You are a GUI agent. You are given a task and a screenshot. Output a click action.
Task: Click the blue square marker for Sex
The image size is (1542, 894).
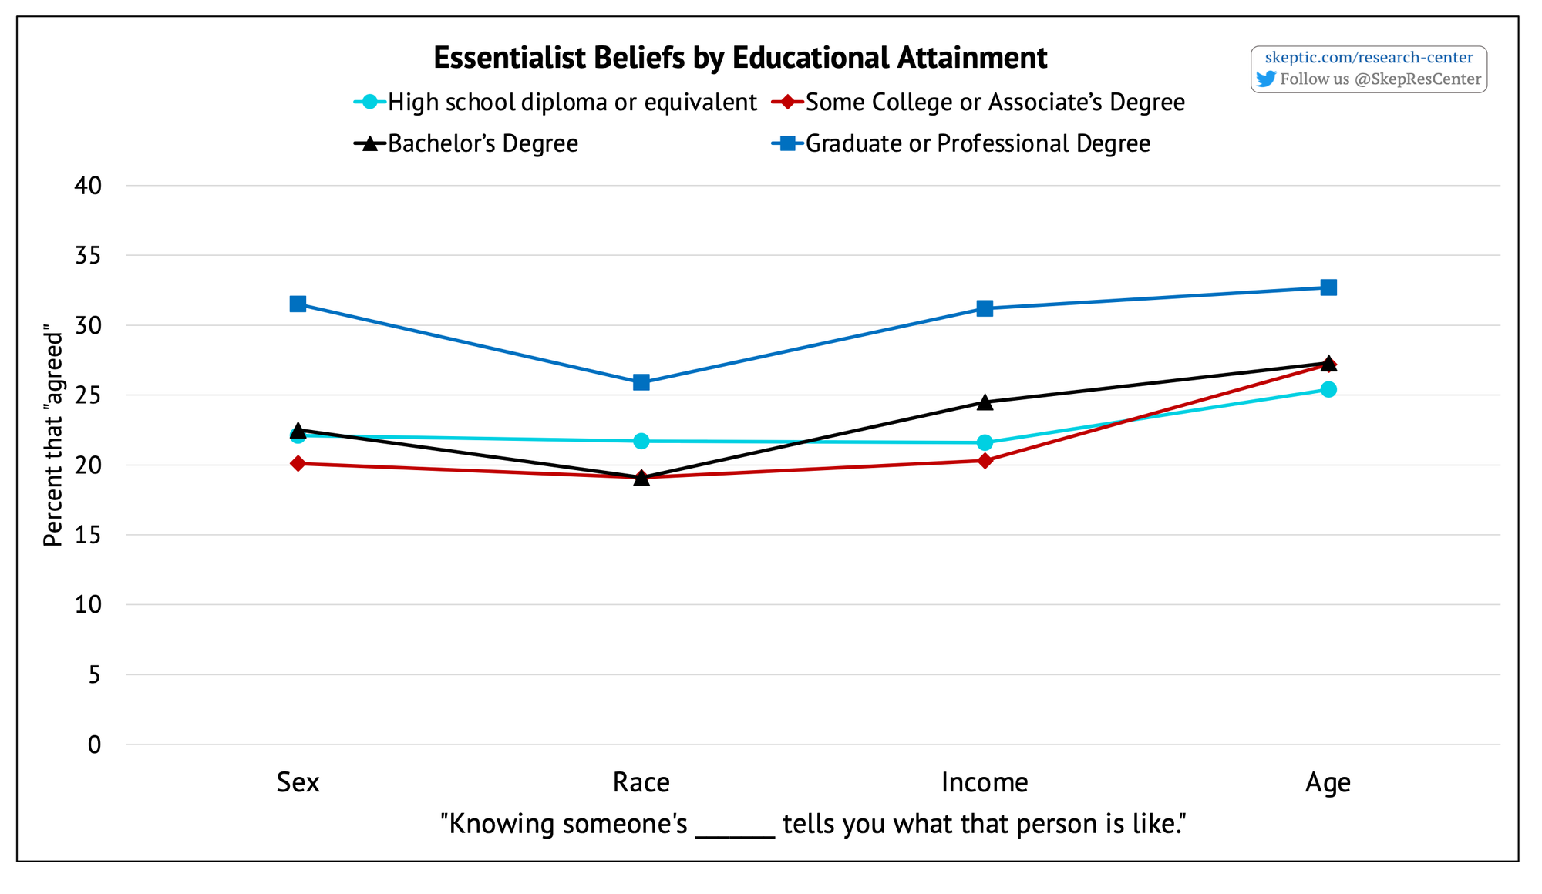tap(298, 304)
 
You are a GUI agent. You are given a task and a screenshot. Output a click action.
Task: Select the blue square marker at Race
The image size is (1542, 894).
tap(641, 382)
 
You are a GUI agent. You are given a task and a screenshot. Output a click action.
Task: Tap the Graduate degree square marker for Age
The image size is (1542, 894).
tap(1328, 287)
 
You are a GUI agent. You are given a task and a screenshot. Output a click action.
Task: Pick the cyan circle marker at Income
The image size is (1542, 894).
tap(985, 442)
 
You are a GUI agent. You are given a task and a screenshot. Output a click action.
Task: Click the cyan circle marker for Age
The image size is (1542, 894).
tap(1328, 389)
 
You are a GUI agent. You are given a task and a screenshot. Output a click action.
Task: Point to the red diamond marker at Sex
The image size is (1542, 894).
tap(298, 463)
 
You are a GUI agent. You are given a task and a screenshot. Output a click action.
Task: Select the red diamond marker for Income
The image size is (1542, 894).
tap(985, 461)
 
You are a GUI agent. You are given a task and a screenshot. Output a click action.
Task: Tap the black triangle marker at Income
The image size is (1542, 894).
tap(985, 402)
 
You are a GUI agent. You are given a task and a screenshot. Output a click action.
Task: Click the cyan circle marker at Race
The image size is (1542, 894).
tap(641, 441)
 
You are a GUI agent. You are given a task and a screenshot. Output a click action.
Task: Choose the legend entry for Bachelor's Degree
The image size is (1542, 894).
tap(483, 143)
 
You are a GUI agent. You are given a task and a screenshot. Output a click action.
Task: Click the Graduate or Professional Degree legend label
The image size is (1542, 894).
tap(978, 143)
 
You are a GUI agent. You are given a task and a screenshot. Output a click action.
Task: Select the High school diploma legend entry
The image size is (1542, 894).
tap(572, 102)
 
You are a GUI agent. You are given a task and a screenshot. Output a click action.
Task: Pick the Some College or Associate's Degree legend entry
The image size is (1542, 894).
tap(995, 102)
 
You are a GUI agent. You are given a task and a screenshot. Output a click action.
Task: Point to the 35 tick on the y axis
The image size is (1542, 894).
tap(89, 255)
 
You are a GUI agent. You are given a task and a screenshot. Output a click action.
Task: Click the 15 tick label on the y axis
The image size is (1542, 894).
tap(89, 535)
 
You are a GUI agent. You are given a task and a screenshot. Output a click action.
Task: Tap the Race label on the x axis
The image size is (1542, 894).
tap(641, 782)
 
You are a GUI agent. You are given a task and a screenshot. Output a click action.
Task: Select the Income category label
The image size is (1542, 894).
tap(985, 782)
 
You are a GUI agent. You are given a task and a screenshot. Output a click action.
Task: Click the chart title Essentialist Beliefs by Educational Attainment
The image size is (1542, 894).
tap(740, 58)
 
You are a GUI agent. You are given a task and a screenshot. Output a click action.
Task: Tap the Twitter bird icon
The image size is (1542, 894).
tap(1266, 79)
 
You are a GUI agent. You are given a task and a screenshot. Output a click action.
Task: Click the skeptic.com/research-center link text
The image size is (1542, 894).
tap(1369, 57)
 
